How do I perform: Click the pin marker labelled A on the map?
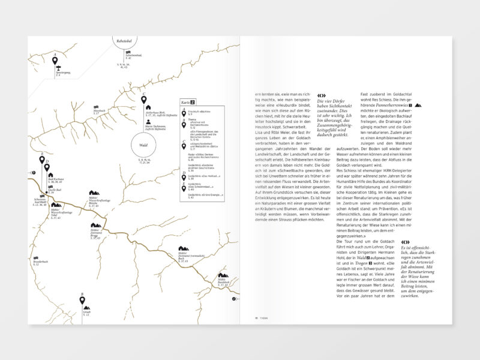(x=56, y=61)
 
